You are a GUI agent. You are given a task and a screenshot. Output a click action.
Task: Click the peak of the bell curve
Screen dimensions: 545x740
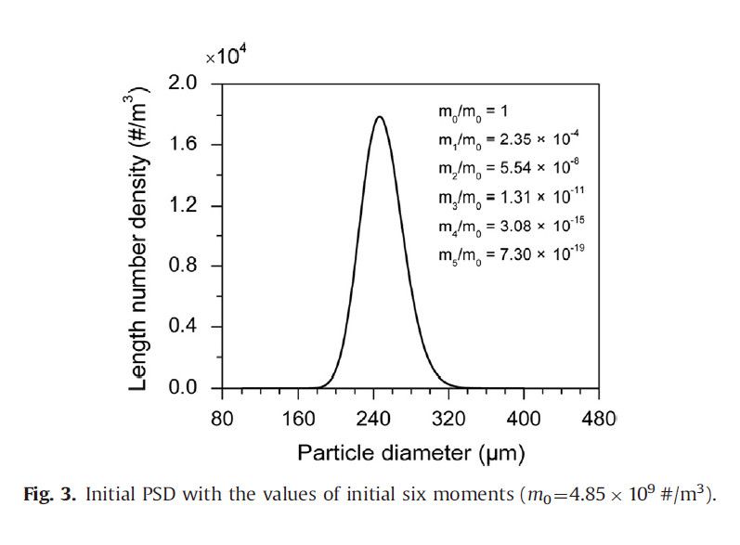pyautogui.click(x=379, y=117)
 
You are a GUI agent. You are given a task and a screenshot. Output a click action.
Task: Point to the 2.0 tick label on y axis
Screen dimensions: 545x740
pyautogui.click(x=186, y=84)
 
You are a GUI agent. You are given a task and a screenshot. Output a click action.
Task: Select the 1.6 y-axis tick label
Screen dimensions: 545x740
pyautogui.click(x=186, y=144)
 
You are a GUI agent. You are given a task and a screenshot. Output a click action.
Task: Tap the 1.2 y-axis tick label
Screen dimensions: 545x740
pyautogui.click(x=186, y=205)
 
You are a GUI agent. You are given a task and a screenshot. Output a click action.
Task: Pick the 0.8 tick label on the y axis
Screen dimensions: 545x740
pyautogui.click(x=186, y=266)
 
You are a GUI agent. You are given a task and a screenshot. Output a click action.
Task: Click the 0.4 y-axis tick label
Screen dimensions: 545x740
pyautogui.click(x=186, y=327)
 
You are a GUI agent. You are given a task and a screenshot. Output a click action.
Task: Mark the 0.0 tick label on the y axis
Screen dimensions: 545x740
pyautogui.click(x=186, y=387)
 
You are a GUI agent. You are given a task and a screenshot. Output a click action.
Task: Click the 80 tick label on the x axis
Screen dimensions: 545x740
pyautogui.click(x=222, y=419)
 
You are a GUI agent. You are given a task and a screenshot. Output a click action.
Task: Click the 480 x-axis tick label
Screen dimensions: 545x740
pyautogui.click(x=600, y=419)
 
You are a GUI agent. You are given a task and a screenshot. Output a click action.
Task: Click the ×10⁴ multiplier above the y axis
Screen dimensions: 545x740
pyautogui.click(x=227, y=58)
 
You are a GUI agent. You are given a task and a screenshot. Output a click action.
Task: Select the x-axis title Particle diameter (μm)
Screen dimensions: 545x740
pyautogui.click(x=410, y=454)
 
